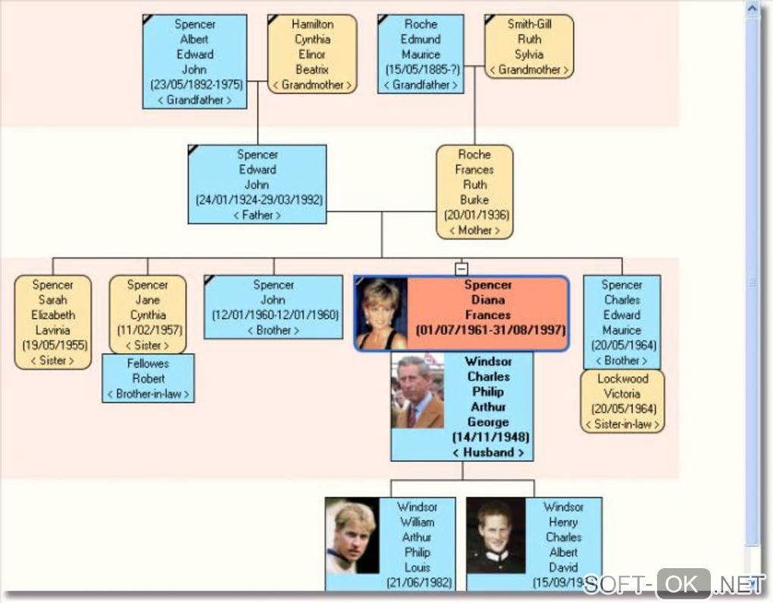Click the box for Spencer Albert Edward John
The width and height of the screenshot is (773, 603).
(x=195, y=61)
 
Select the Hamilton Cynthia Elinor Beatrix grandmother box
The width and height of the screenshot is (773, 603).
(x=311, y=55)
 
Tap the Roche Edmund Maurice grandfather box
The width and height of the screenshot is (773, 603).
(x=421, y=55)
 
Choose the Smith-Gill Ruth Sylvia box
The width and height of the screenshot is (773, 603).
(x=529, y=47)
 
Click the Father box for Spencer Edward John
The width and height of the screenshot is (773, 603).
(x=258, y=184)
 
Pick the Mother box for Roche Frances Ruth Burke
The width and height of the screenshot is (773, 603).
(x=474, y=192)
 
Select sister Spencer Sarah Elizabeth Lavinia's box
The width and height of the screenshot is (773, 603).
(x=53, y=322)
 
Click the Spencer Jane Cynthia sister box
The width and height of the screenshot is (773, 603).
(x=148, y=314)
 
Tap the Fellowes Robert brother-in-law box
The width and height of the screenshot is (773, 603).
(x=149, y=378)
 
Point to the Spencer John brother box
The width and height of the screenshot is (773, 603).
(x=273, y=307)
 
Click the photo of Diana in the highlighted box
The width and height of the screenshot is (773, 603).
(x=381, y=314)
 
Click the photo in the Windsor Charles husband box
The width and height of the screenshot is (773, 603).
(x=417, y=391)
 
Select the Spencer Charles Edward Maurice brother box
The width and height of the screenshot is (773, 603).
(x=621, y=322)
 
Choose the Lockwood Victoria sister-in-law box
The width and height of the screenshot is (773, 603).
(x=622, y=401)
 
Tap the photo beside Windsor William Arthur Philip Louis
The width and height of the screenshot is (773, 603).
(x=352, y=535)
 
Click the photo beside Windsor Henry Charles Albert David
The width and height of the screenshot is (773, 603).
(x=495, y=535)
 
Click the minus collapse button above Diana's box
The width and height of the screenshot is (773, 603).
(x=461, y=268)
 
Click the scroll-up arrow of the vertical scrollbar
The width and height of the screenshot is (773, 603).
(x=753, y=10)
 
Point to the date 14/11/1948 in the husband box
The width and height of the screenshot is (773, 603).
(x=490, y=437)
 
